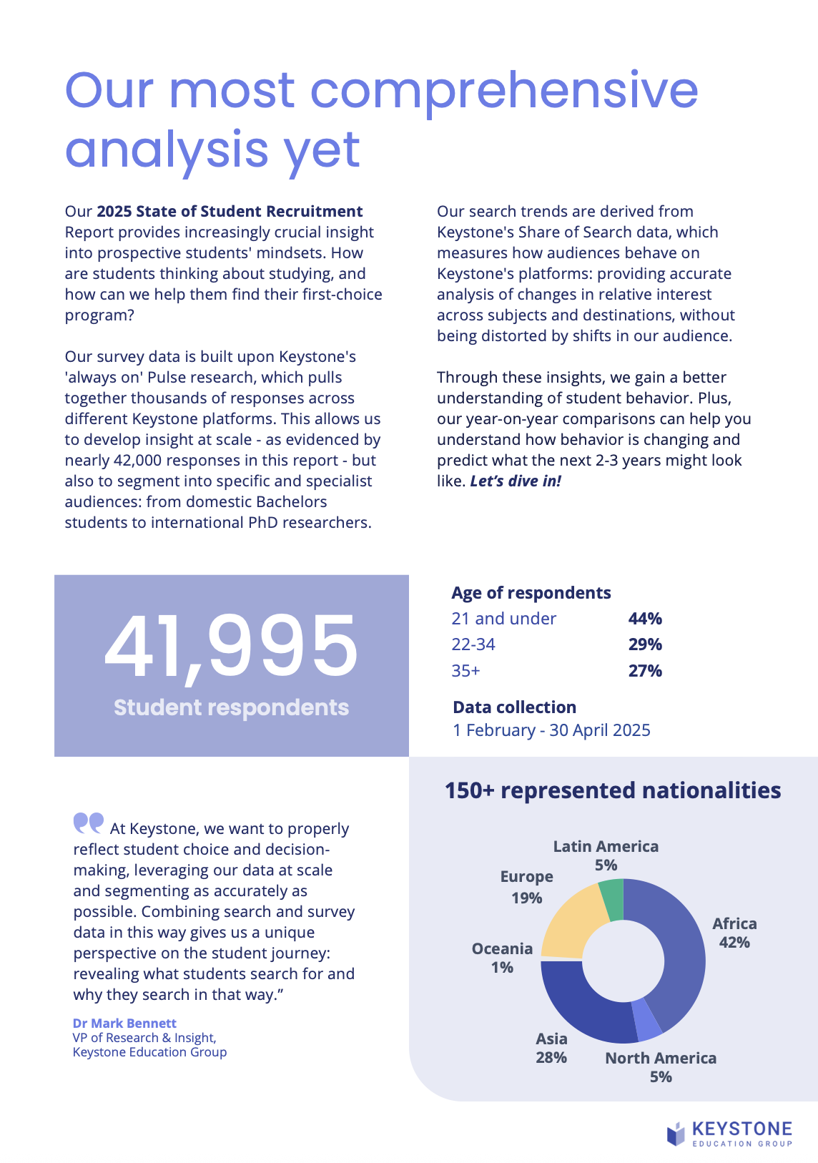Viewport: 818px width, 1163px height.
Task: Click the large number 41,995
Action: click(x=231, y=647)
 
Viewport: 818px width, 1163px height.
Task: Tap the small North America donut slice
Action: click(x=646, y=1019)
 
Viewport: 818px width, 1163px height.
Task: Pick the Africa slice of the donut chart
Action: click(x=676, y=951)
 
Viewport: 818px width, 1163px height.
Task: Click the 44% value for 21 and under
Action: click(x=645, y=619)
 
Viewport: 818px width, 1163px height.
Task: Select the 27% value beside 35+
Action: click(x=645, y=671)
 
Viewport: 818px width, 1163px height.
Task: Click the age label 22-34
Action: click(x=473, y=644)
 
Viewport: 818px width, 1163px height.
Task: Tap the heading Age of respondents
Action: click(x=531, y=593)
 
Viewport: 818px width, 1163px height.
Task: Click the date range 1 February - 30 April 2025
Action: click(x=551, y=730)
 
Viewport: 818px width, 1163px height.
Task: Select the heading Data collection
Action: click(x=514, y=707)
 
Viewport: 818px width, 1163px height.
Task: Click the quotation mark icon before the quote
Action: click(x=89, y=823)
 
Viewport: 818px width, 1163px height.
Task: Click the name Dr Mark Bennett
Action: click(x=124, y=1024)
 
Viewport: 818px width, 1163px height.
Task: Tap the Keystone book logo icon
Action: click(x=676, y=1134)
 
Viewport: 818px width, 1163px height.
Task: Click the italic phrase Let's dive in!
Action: click(x=516, y=481)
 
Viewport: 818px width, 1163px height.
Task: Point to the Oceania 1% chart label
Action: click(x=502, y=958)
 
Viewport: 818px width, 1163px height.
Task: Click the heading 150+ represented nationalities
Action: click(x=613, y=790)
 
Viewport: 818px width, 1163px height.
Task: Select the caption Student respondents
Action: click(x=231, y=707)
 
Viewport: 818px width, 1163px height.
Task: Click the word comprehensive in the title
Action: click(x=504, y=91)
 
